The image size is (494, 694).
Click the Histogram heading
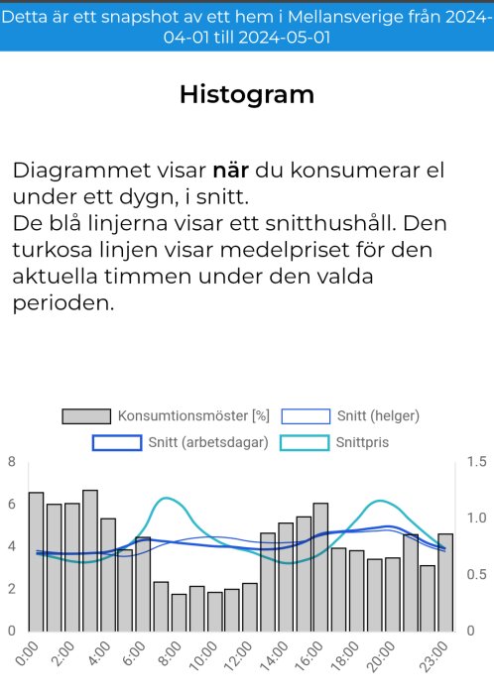tap(247, 94)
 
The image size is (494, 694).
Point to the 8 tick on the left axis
tap(11, 462)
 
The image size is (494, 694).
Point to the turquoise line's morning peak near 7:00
tap(166, 499)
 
